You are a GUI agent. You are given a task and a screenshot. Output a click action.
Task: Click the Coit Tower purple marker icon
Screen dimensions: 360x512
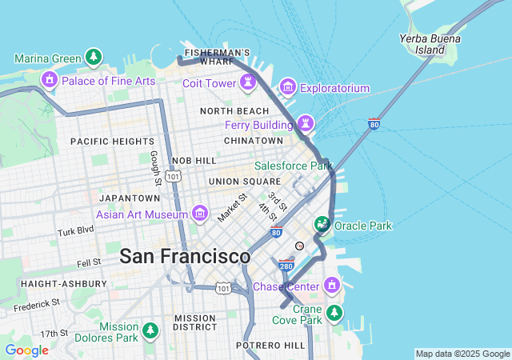point(249,82)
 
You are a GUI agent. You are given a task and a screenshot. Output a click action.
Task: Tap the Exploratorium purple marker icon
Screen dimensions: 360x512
point(288,87)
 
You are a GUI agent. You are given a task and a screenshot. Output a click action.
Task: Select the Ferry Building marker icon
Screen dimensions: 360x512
point(305,123)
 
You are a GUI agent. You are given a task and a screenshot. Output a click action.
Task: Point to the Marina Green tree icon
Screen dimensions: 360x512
point(94,58)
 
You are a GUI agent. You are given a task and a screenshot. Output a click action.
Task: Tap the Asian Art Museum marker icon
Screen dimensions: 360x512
point(200,214)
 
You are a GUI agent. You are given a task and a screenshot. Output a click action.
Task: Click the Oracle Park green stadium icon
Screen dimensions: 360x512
point(322,225)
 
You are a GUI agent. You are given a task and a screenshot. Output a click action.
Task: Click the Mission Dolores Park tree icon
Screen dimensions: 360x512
point(150,330)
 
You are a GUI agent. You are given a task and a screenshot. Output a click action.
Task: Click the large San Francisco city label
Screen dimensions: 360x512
point(185,257)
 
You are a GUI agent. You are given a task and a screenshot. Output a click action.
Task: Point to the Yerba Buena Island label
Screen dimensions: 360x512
point(431,43)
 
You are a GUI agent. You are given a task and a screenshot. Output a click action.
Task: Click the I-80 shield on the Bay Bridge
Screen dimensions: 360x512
point(374,124)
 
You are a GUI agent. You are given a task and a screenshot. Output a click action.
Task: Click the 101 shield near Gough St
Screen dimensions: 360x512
point(173,174)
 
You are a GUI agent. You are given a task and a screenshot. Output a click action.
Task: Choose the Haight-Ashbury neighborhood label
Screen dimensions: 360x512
point(63,284)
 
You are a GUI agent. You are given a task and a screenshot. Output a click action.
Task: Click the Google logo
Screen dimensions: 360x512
point(26,350)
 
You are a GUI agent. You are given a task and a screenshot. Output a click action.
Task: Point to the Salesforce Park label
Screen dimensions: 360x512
point(293,166)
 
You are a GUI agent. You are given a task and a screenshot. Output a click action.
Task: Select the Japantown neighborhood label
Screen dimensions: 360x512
point(130,198)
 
